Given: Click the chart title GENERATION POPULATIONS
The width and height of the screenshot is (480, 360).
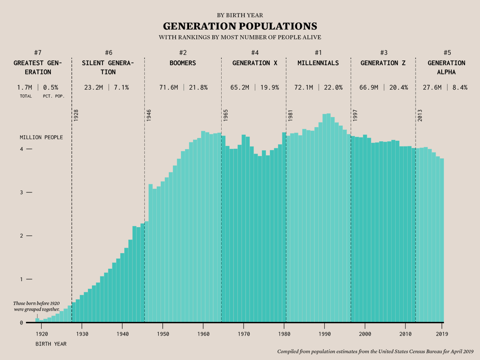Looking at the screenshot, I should pyautogui.click(x=240, y=26).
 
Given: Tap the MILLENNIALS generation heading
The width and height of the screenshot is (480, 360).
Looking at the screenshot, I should pyautogui.click(x=318, y=63).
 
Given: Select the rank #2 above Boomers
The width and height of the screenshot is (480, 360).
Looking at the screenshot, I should pyautogui.click(x=183, y=52).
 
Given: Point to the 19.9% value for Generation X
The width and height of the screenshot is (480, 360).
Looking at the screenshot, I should pyautogui.click(x=269, y=87).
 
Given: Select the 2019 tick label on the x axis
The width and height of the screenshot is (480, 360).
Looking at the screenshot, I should pyautogui.click(x=442, y=334).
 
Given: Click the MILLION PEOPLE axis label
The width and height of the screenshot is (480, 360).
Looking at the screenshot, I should pyautogui.click(x=41, y=137).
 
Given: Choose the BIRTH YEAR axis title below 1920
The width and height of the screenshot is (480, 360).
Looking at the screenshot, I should pyautogui.click(x=51, y=344).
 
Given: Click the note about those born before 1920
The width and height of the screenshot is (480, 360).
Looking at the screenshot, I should pyautogui.click(x=36, y=306).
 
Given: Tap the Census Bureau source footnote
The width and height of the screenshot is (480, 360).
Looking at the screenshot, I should pyautogui.click(x=375, y=352).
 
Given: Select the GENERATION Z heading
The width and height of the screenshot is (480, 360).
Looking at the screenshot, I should pyautogui.click(x=384, y=63).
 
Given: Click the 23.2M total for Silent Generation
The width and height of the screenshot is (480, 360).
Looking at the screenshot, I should pyautogui.click(x=94, y=87).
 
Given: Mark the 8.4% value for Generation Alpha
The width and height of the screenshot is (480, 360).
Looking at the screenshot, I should pyautogui.click(x=460, y=87).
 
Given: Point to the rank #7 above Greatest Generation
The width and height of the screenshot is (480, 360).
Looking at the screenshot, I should pyautogui.click(x=38, y=52).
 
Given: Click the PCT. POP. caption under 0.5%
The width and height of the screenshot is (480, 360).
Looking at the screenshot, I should pyautogui.click(x=54, y=96).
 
